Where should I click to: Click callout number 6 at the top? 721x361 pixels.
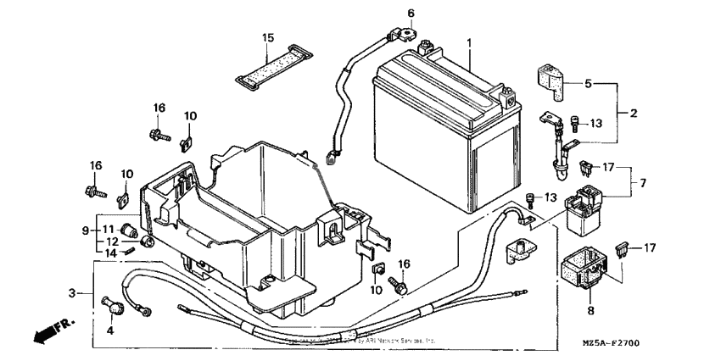411,13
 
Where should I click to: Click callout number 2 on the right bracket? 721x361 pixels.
632,112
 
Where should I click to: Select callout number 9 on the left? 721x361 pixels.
85,230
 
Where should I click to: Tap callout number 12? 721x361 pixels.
111,241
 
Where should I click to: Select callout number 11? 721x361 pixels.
111,230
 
